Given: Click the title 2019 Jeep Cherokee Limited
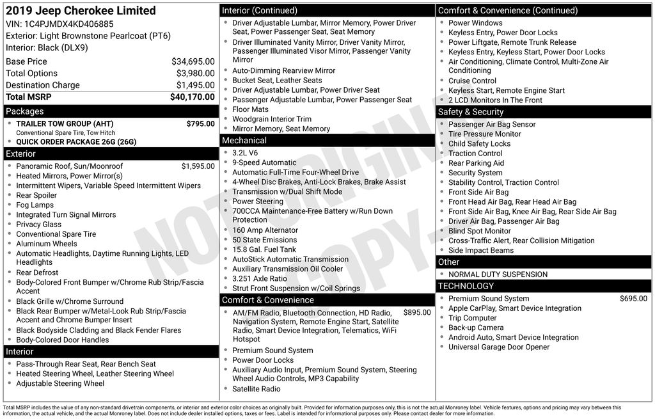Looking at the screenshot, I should coord(81,11).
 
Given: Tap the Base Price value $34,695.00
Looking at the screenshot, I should coord(193,61).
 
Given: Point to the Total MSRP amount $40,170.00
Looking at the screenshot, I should coord(192,97).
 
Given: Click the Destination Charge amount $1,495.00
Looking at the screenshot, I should coord(195,85).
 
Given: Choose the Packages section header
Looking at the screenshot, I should coord(25,111).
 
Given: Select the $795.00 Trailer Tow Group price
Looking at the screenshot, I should coord(200,123).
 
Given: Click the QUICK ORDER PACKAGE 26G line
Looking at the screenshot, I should coord(76,142).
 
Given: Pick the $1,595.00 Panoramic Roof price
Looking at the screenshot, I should coord(198,166).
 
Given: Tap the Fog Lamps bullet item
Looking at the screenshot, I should coord(35,205).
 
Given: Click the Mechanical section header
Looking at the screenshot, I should coord(244,140).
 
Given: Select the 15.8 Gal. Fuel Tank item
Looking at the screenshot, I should coord(264,249).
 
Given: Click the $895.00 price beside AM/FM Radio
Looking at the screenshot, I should coord(417,313).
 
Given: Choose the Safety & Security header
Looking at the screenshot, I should coord(471,112).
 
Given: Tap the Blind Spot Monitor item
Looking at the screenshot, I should coord(479,231).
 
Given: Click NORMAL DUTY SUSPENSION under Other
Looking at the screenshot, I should coord(498,274).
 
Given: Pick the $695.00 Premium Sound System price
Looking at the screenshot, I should coord(633,299).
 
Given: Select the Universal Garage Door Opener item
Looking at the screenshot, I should coord(498,347).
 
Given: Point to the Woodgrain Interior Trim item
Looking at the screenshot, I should coord(271,119).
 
